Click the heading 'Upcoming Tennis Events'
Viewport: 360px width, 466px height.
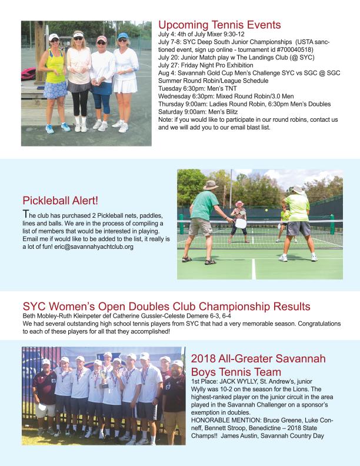(x=219, y=25)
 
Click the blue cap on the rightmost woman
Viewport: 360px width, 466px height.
(x=122, y=36)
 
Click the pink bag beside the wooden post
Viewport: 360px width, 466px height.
(x=28, y=74)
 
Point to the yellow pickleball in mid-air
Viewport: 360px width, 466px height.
(x=266, y=210)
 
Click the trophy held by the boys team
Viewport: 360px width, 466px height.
(x=104, y=377)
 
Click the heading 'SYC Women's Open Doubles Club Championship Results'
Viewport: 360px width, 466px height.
(x=166, y=307)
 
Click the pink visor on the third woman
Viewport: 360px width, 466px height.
(x=101, y=39)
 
